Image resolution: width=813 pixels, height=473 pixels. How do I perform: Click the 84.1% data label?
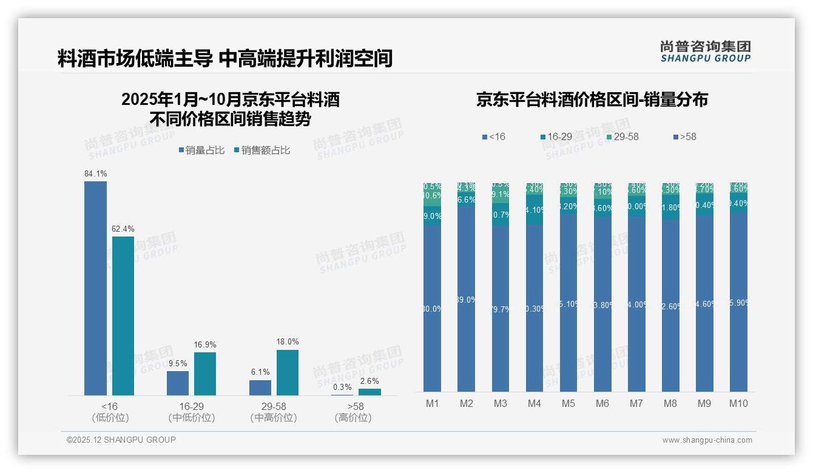96,174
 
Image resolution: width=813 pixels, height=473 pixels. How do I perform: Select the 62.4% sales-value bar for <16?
123,315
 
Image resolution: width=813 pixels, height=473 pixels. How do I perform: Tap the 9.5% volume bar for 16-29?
178,383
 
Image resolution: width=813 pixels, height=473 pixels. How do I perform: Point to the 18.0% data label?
288,342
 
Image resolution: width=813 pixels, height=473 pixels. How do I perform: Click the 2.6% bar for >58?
369,392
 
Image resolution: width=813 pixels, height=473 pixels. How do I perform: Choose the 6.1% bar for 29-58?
260,387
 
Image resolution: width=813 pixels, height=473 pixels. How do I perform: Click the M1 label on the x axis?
432,404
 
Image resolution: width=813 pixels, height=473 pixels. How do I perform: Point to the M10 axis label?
738,404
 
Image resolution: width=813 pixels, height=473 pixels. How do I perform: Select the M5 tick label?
568,404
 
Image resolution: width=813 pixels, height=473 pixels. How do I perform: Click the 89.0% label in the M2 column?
466,300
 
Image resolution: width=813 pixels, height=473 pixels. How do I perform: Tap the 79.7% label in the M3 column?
500,309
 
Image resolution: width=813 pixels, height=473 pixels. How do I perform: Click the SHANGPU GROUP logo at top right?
705,52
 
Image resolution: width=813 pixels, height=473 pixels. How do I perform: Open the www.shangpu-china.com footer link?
707,440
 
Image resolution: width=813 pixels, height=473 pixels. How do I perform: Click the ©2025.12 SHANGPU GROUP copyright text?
121,440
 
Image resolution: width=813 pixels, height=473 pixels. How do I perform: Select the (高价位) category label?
353,418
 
